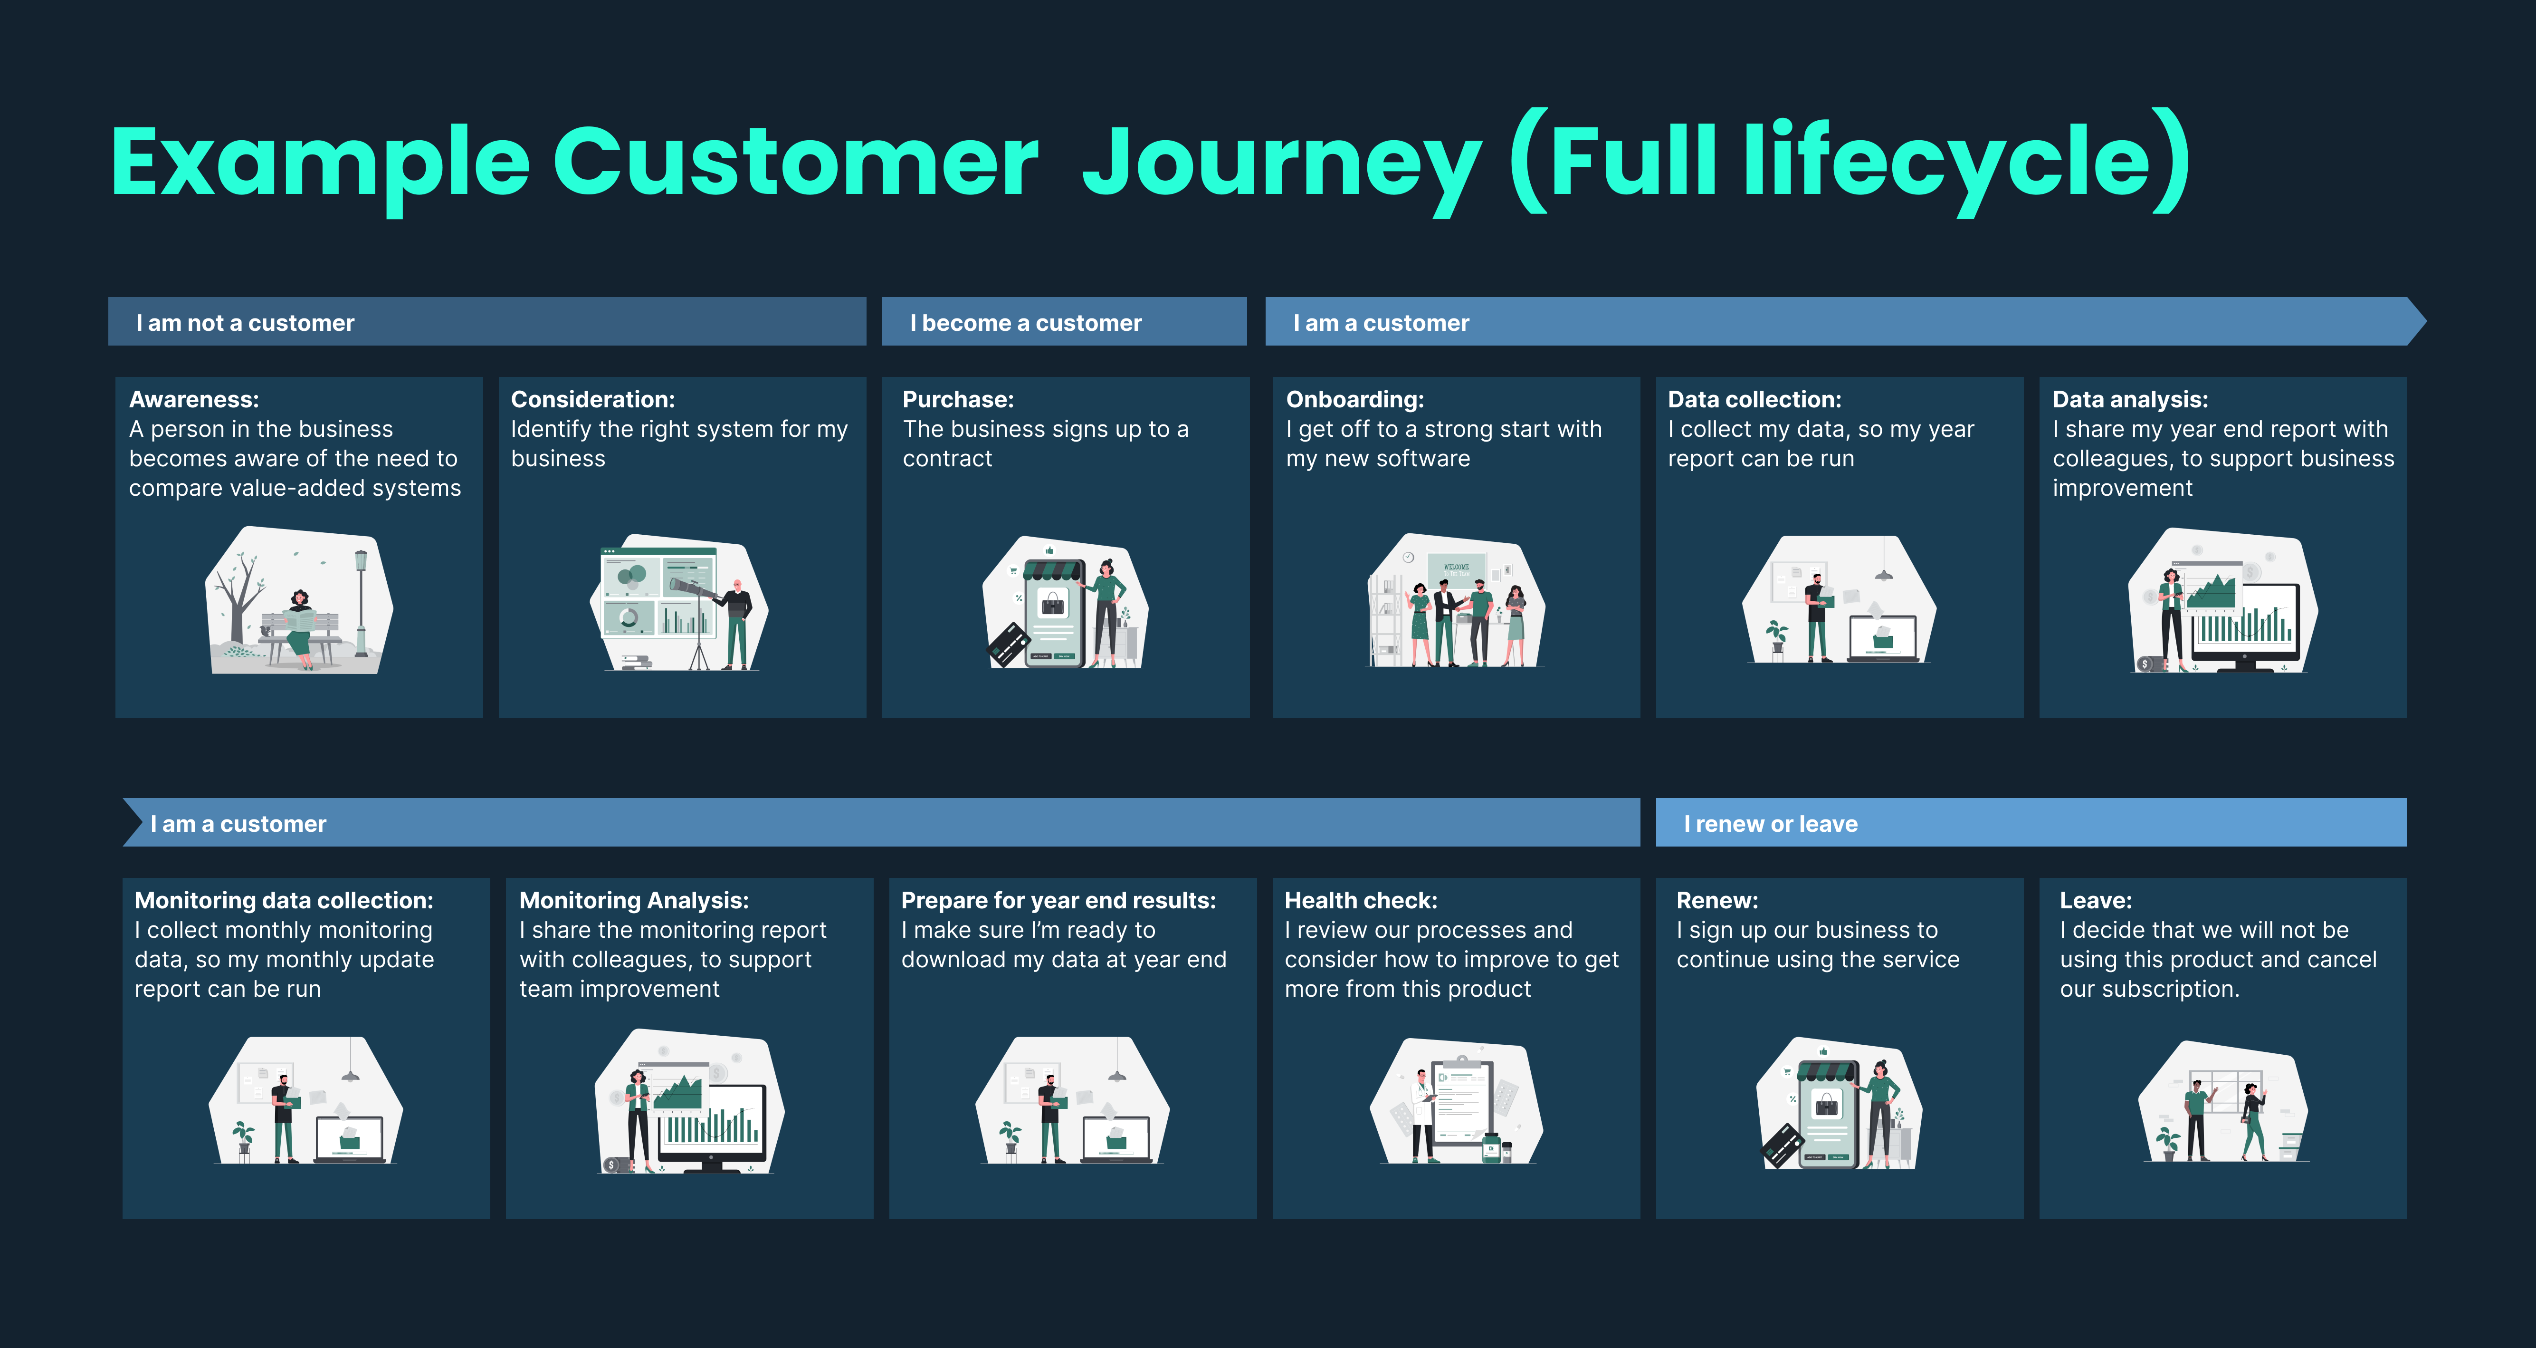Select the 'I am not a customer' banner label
(245, 323)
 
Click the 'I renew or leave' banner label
(1770, 824)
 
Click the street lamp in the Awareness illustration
(361, 601)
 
